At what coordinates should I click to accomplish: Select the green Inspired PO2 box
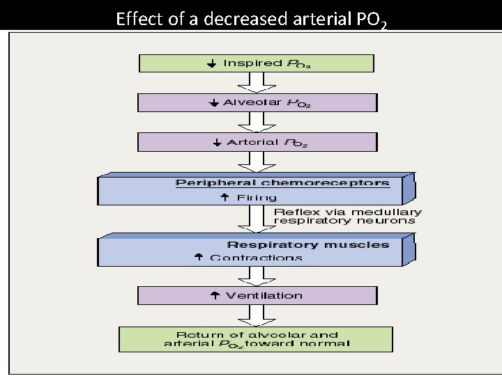257,63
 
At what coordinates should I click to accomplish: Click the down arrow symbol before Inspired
211,63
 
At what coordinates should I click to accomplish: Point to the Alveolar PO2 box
257,103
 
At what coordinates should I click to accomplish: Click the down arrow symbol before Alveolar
213,103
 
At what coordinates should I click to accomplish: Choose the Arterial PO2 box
257,142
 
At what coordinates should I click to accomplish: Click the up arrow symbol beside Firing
225,198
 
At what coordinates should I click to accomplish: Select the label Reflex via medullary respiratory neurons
347,216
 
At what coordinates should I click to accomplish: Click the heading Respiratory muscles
307,244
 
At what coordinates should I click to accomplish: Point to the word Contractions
256,258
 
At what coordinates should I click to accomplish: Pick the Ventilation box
257,296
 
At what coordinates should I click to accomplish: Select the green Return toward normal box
256,338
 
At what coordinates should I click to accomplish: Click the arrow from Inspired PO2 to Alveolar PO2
257,83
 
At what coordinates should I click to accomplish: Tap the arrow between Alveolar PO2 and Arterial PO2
257,123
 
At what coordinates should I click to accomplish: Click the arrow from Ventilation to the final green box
257,315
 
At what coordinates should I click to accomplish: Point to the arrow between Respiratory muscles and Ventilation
257,276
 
